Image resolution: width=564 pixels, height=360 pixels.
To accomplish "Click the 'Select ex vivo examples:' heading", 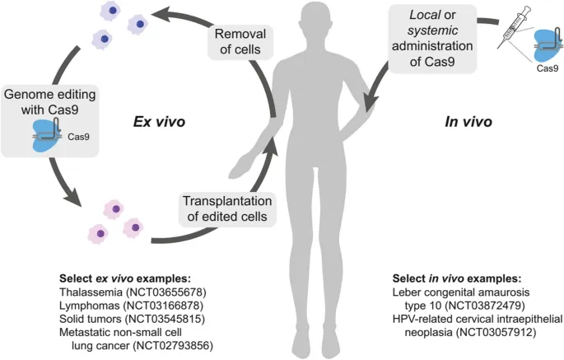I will (x=120, y=278).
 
